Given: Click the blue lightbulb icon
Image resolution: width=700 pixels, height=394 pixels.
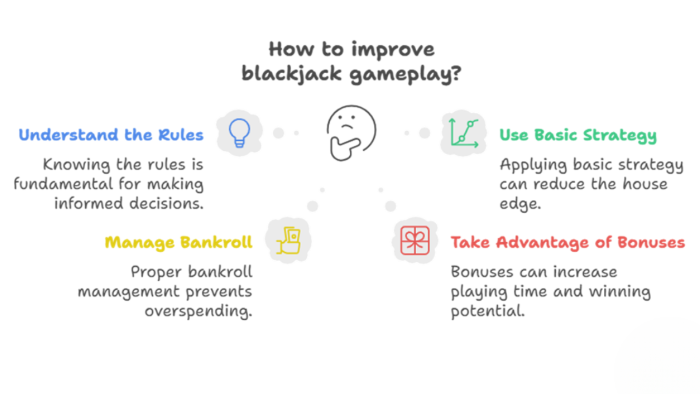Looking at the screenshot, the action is pos(239,133).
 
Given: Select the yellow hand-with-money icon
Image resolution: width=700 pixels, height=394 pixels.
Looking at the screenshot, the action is pos(288,240).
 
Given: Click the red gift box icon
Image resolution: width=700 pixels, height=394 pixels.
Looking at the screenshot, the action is pos(415,240).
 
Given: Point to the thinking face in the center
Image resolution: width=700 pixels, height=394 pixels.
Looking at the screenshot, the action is pos(351,133).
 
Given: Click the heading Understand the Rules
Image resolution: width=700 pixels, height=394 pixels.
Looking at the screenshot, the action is pos(111,135).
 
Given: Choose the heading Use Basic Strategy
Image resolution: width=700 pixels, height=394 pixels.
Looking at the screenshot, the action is pos(578,135).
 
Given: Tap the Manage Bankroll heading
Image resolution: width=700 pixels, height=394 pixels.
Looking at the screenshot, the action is pos(179,243).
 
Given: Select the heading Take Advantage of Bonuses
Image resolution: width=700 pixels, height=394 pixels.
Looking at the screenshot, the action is pos(568,243).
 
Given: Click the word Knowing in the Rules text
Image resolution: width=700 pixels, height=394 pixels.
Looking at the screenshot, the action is pos(76,165).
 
